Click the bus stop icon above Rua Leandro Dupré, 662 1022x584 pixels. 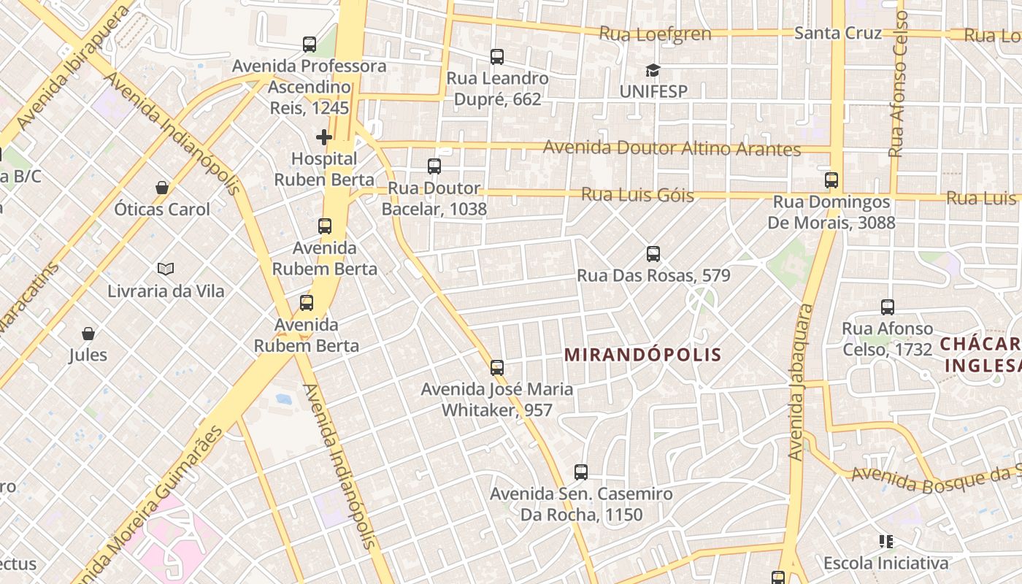point(497,56)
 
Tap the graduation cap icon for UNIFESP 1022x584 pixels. point(653,70)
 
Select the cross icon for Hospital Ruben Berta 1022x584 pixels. point(324,137)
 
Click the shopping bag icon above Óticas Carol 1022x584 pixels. point(162,188)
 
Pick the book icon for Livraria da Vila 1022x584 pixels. point(166,269)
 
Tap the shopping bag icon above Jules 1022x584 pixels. point(88,334)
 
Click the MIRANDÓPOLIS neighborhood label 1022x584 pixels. point(643,355)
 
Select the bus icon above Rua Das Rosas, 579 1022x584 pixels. point(653,254)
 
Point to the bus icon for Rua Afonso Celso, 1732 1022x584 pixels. point(888,307)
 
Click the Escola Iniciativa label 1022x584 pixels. point(886,563)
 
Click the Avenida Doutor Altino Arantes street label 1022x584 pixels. point(672,148)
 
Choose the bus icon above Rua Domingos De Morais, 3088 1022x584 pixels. point(831,180)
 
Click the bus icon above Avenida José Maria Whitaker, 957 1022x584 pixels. point(497,367)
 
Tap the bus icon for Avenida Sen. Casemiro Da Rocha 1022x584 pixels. point(581,472)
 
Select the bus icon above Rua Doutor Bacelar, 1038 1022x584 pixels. point(434,166)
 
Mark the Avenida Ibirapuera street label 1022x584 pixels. point(71,69)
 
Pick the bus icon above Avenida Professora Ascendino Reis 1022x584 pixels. point(310,45)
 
